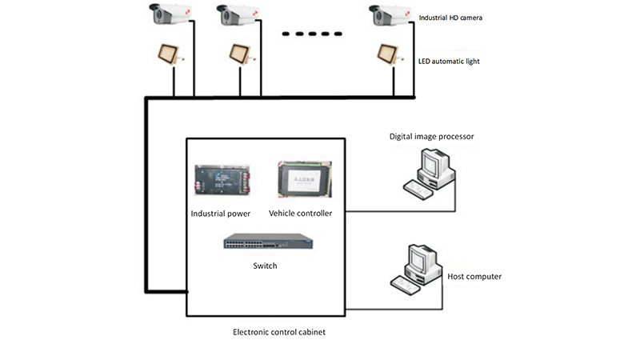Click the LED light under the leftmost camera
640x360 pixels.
click(x=169, y=54)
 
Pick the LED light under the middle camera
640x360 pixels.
click(x=240, y=54)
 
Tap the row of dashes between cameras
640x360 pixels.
click(x=312, y=33)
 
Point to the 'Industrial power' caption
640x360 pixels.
click(x=221, y=214)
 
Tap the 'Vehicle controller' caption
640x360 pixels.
click(x=300, y=214)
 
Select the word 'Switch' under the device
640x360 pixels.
click(x=264, y=266)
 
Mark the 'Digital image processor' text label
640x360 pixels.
click(x=432, y=137)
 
